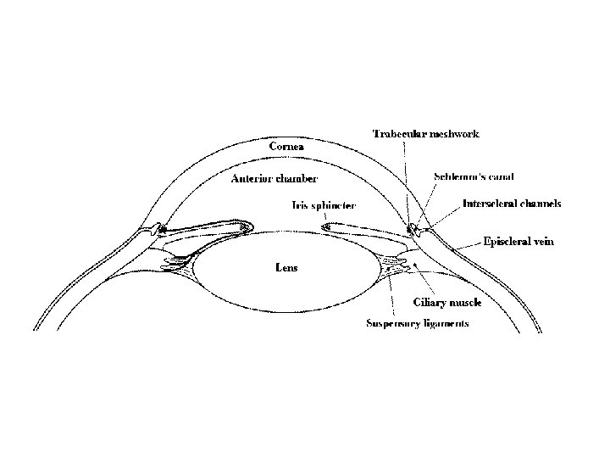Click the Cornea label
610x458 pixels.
287,147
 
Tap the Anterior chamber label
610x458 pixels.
274,179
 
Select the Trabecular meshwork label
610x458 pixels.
426,134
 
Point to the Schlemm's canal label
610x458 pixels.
474,176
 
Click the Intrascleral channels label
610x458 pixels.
512,204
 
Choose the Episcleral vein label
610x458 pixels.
518,242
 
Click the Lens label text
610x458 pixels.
287,267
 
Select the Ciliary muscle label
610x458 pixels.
447,303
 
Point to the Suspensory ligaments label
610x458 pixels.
417,323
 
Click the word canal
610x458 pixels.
501,176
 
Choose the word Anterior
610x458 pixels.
252,179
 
